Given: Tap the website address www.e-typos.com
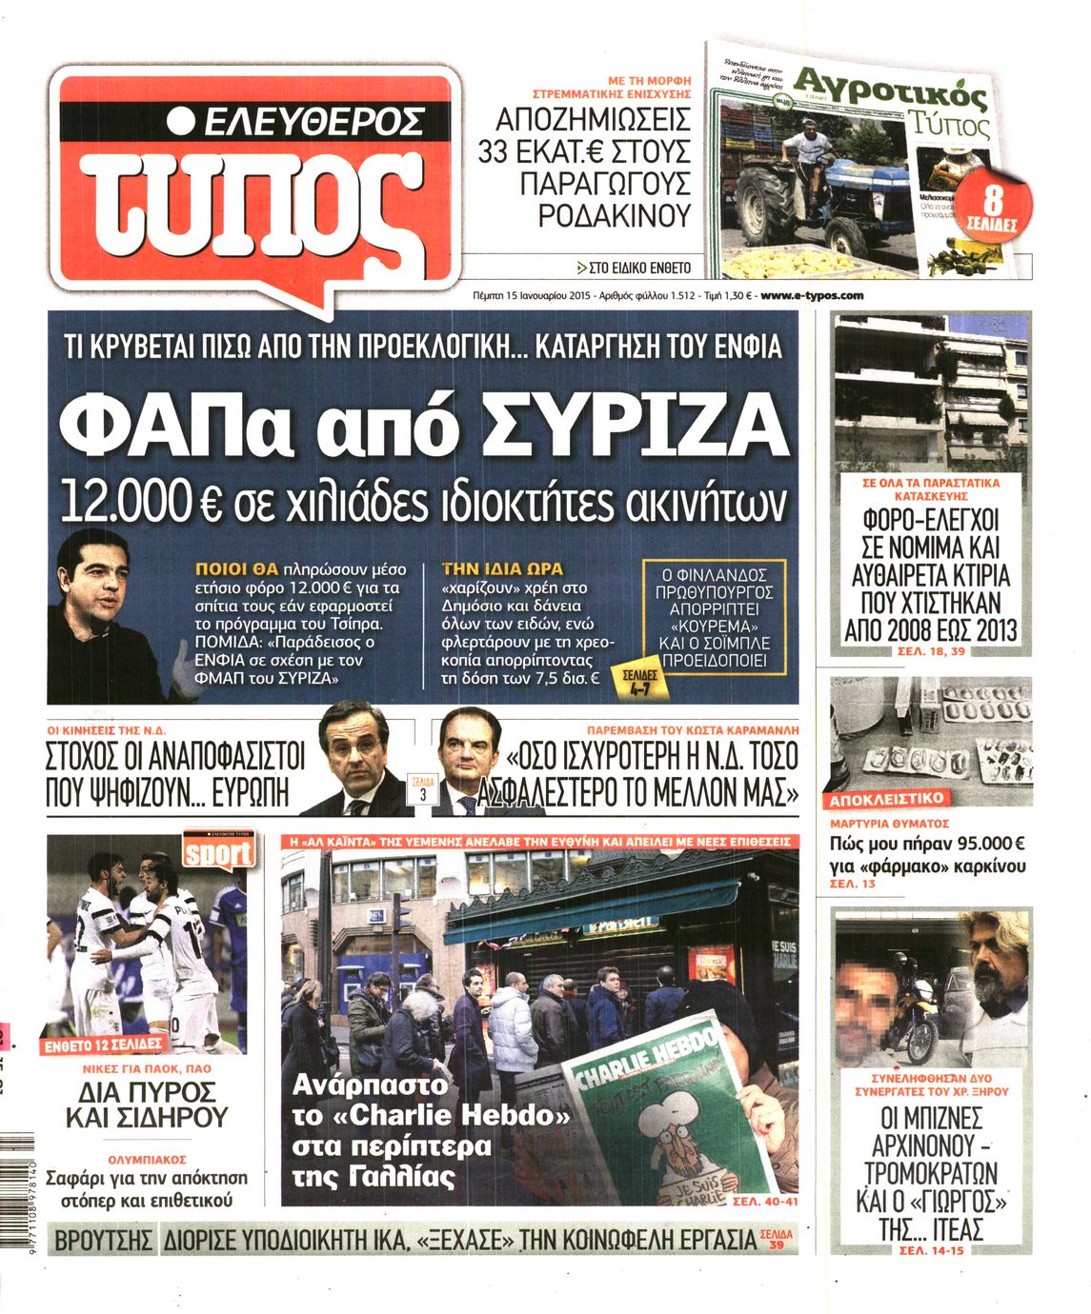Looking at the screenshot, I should coord(813,295).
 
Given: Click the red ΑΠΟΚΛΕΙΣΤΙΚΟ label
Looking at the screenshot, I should coord(886,799).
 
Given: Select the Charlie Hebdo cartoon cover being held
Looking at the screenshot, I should coord(657,1124).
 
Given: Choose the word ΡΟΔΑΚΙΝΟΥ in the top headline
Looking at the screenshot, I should coord(614,216).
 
